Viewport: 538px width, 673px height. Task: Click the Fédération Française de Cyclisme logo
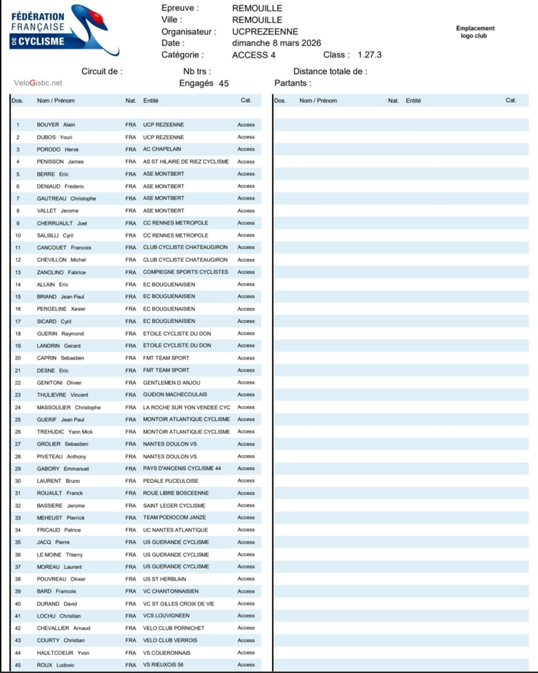pyautogui.click(x=65, y=33)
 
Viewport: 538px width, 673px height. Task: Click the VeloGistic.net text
pyautogui.click(x=38, y=83)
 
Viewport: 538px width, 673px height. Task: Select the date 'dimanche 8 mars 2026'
pyautogui.click(x=276, y=43)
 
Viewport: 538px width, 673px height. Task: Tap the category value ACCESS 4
pyautogui.click(x=254, y=55)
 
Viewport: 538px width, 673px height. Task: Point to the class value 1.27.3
pyautogui.click(x=369, y=55)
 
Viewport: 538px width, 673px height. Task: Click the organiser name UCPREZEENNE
pyautogui.click(x=265, y=32)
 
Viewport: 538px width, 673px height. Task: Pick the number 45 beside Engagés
pyautogui.click(x=224, y=83)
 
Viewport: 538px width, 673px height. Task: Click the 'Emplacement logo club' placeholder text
pyautogui.click(x=476, y=32)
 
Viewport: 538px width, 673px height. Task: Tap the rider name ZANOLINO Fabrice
pyautogui.click(x=61, y=272)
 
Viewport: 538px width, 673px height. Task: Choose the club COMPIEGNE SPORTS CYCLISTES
pyautogui.click(x=186, y=272)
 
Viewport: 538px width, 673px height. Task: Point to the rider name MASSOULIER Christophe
pyautogui.click(x=69, y=407)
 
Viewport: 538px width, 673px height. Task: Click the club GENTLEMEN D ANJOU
pyautogui.click(x=170, y=382)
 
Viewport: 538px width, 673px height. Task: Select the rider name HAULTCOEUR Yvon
pyautogui.click(x=63, y=652)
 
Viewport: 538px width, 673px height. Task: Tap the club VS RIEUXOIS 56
pyautogui.click(x=163, y=664)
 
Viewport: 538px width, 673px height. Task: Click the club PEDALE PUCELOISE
pyautogui.click(x=171, y=481)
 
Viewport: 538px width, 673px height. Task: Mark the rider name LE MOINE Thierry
pyautogui.click(x=60, y=555)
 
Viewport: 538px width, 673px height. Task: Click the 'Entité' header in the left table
pyautogui.click(x=151, y=101)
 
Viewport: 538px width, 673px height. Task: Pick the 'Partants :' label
pyautogui.click(x=293, y=83)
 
